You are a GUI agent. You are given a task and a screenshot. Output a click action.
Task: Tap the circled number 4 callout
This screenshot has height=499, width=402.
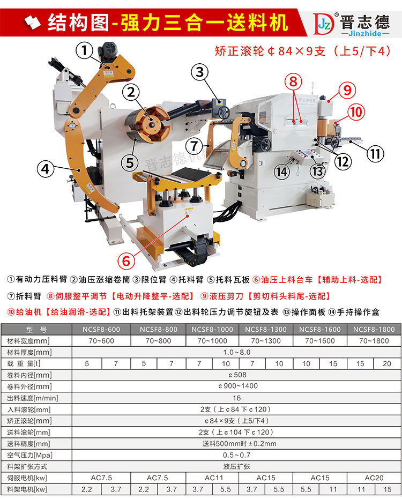[x=46, y=169]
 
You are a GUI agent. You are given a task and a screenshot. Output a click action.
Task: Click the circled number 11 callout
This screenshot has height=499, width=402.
[x=376, y=154]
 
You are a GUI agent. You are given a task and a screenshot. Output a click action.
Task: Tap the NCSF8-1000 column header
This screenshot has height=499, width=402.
[x=212, y=329]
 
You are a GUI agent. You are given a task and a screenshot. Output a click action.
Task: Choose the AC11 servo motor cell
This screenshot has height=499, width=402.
[x=212, y=477]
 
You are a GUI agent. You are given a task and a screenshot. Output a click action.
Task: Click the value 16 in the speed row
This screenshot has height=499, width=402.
[x=236, y=398]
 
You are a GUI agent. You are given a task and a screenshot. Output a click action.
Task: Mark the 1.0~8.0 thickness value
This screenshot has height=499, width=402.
[x=236, y=352]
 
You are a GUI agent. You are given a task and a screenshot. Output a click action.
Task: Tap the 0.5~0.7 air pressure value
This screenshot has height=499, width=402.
[x=236, y=455]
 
